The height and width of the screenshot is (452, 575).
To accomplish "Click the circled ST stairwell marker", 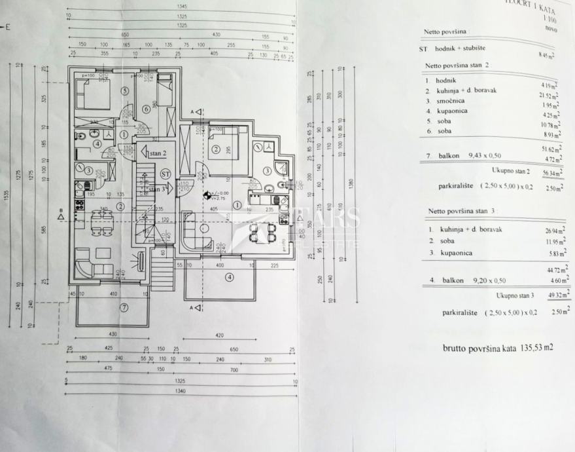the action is [x=166, y=174].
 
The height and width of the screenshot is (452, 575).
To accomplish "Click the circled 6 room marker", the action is [x=146, y=109].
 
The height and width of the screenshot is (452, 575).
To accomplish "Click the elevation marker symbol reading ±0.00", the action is [x=208, y=195].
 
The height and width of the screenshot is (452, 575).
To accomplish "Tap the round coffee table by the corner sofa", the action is [x=205, y=229].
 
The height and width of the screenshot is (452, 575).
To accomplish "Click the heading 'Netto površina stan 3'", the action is [x=462, y=212].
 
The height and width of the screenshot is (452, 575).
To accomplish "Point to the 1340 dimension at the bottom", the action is [x=180, y=391].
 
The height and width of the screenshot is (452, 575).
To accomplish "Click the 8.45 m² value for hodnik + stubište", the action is [x=545, y=56].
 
